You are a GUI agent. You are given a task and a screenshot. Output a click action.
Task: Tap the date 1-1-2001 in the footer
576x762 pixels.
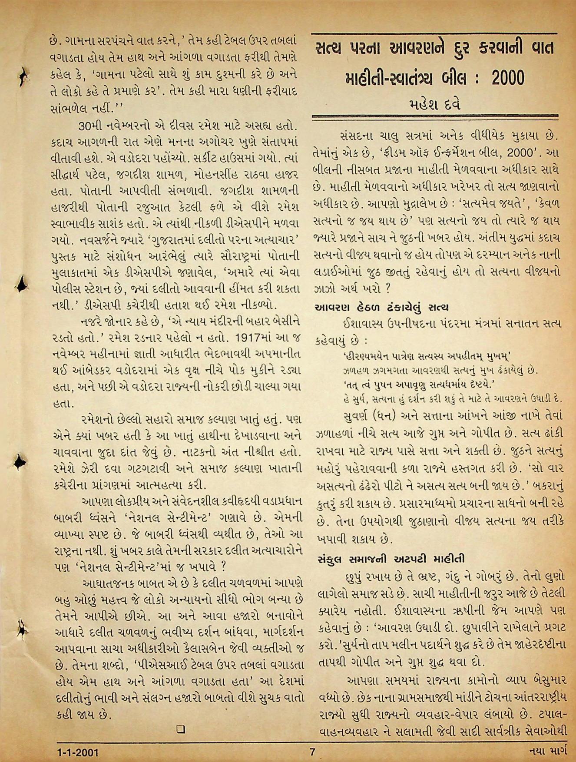[79, 752]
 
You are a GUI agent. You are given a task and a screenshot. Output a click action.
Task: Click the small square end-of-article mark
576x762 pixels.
[181, 729]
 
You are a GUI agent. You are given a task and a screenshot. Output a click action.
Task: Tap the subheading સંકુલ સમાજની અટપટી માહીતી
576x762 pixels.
[391, 558]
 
